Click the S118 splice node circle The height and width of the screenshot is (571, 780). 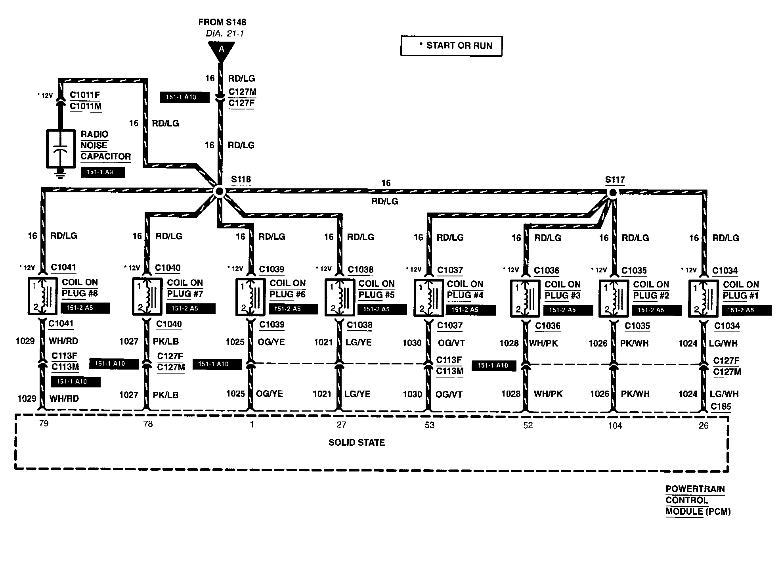[x=219, y=192]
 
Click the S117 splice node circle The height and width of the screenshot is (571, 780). [x=613, y=193]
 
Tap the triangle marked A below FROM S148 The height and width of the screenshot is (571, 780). [x=222, y=51]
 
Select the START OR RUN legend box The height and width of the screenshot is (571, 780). [x=451, y=46]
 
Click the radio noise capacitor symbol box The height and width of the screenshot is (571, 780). [x=61, y=148]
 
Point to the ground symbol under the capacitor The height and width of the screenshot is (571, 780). [x=60, y=172]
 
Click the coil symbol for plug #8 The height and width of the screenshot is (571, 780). [x=42, y=296]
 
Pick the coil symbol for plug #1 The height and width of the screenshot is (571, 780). [x=703, y=298]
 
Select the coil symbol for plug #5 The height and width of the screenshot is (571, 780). [x=340, y=297]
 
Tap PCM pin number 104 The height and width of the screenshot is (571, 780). [x=615, y=426]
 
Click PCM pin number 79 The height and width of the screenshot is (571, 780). [x=44, y=423]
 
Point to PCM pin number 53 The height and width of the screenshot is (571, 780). [x=430, y=425]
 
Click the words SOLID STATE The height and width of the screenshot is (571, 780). [x=357, y=443]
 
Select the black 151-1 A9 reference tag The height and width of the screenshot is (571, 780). [x=103, y=172]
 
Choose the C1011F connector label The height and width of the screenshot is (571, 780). [x=85, y=95]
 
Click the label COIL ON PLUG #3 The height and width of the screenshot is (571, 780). [x=562, y=290]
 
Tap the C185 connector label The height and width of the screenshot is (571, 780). [x=721, y=407]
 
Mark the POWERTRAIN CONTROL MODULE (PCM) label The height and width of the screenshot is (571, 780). [x=698, y=500]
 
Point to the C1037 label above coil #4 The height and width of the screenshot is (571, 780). [x=450, y=270]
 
